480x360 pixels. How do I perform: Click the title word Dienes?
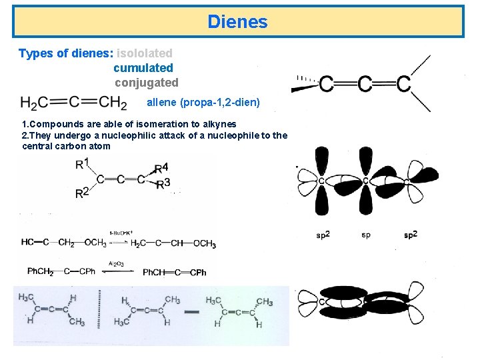point(237,22)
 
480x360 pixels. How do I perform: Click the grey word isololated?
point(145,53)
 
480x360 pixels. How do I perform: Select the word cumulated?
point(143,68)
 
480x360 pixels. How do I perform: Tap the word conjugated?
point(147,83)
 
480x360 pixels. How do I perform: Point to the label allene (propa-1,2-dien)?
point(203,103)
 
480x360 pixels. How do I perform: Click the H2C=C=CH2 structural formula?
point(74,103)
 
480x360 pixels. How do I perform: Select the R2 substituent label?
point(81,193)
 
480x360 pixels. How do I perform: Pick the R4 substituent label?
point(161,167)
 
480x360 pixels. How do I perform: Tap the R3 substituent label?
point(162,183)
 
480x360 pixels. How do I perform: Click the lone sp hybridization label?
point(366,235)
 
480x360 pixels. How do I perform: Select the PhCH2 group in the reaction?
point(40,272)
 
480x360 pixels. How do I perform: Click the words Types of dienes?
point(65,53)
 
